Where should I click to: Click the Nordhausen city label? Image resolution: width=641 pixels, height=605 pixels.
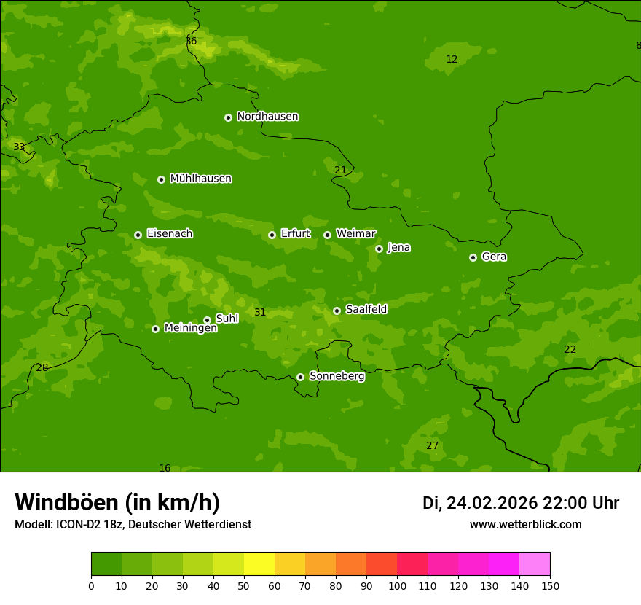pyautogui.click(x=267, y=117)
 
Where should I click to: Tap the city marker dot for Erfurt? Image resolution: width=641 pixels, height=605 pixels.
pyautogui.click(x=272, y=235)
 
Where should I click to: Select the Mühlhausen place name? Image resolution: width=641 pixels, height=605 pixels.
pyautogui.click(x=200, y=179)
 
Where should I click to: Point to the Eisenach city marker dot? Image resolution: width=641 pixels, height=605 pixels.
pyautogui.click(x=138, y=235)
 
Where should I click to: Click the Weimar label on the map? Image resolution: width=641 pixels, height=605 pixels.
pyautogui.click(x=355, y=234)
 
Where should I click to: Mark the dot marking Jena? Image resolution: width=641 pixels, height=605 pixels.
pyautogui.click(x=379, y=249)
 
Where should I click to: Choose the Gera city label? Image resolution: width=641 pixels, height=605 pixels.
pyautogui.click(x=494, y=257)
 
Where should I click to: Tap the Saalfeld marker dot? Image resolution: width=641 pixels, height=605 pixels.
pyautogui.click(x=337, y=311)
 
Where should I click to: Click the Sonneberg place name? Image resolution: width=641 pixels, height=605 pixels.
pyautogui.click(x=337, y=376)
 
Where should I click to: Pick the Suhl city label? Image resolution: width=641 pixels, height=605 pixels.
pyautogui.click(x=227, y=319)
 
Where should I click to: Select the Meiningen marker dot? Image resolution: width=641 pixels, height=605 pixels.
pyautogui.click(x=155, y=329)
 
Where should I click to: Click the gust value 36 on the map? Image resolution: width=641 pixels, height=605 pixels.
pyautogui.click(x=191, y=42)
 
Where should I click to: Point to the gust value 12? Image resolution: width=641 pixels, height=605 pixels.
pyautogui.click(x=452, y=60)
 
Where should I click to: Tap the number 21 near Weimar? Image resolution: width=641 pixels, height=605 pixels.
pyautogui.click(x=340, y=171)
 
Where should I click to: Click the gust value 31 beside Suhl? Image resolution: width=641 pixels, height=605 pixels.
pyautogui.click(x=260, y=313)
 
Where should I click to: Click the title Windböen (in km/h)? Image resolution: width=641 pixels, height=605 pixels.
pyautogui.click(x=117, y=502)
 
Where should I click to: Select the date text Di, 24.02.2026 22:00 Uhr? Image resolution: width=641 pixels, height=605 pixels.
pyautogui.click(x=520, y=503)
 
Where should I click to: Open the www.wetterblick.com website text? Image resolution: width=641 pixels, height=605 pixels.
pyautogui.click(x=525, y=525)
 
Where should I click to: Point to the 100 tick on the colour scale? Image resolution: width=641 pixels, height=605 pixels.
pyautogui.click(x=397, y=585)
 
